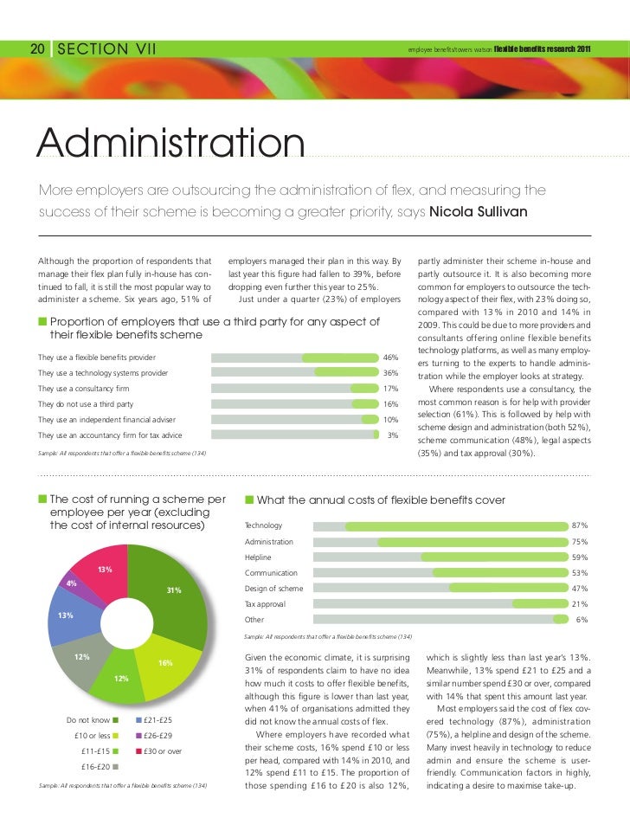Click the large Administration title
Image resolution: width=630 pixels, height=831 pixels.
tap(170, 145)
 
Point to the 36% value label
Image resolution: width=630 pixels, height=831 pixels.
tap(390, 373)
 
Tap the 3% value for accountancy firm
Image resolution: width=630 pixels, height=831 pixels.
tap(392, 435)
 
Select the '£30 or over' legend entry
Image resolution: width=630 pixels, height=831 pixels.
tap(162, 750)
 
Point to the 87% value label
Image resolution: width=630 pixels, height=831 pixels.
tap(580, 525)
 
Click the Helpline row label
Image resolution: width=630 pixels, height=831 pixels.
tap(258, 557)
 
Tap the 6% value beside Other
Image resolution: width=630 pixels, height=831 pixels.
tap(582, 620)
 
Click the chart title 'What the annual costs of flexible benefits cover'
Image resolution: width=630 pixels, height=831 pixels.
tap(381, 500)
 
